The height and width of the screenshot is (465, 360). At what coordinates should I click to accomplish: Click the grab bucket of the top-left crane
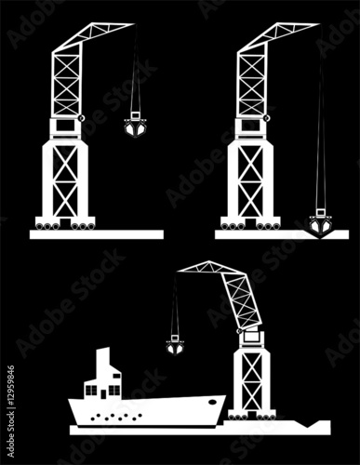135,127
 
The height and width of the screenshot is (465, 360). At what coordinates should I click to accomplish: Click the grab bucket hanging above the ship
175,345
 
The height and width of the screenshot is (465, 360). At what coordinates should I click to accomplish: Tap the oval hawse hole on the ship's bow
212,402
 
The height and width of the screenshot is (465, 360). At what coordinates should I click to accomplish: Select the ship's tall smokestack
103,363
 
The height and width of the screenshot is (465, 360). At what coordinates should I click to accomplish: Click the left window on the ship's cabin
91,391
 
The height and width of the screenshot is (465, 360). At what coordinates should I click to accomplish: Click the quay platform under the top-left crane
97,234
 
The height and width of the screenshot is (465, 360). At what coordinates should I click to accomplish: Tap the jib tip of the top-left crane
134,24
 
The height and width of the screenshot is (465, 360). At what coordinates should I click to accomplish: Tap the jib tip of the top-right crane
319,24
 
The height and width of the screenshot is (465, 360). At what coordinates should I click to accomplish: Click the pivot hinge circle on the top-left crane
82,118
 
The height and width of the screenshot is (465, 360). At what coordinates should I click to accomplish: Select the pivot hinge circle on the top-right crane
267,118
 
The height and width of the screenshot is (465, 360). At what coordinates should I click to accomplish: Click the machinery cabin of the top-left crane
66,127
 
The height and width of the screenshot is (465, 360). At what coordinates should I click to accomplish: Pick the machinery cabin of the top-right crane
251,127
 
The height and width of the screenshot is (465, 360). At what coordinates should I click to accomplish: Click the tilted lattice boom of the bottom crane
242,300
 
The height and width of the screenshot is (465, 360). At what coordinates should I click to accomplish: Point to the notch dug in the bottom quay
308,424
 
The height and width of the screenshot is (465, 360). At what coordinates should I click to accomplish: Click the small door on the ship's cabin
103,394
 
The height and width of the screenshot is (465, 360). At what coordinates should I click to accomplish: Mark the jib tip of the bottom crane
179,272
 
